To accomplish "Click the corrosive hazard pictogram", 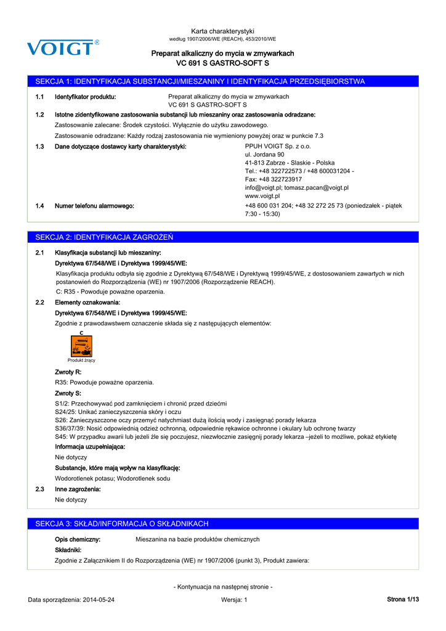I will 81,346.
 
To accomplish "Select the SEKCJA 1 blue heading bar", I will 223,81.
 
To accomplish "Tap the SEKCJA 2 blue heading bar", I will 223,237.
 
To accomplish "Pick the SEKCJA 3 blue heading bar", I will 223,524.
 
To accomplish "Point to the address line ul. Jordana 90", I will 265,155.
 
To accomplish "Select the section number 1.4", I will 40,206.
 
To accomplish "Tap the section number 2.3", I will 40,489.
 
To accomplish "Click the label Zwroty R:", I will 68,372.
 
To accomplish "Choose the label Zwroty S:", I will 68,393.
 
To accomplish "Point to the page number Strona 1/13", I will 403,600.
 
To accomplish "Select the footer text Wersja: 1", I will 233,600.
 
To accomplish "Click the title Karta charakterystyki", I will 223,31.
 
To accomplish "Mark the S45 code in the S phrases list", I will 62,437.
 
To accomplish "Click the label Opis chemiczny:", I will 78,539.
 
